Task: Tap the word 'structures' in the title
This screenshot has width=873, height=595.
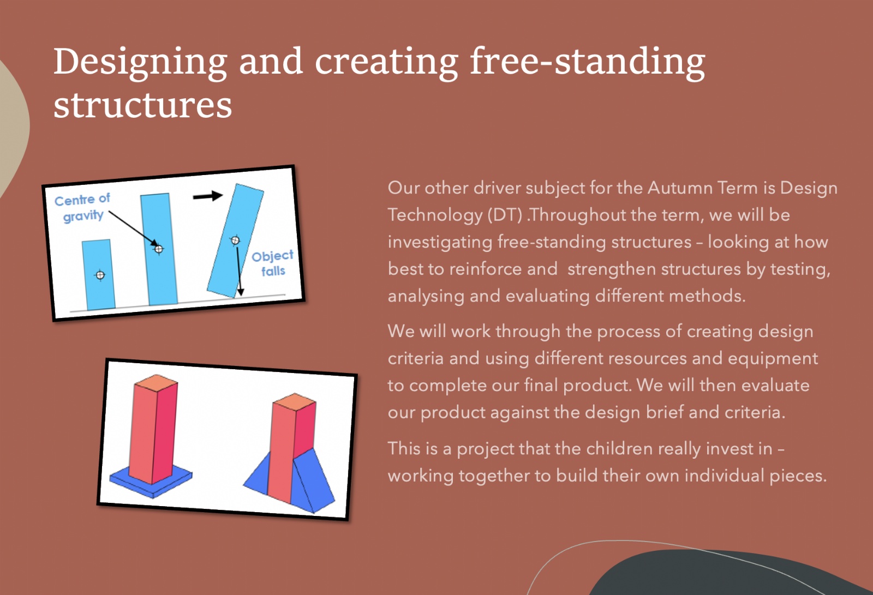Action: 142,105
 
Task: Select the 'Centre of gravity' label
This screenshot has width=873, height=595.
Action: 82,208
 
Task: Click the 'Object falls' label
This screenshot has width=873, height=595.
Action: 272,263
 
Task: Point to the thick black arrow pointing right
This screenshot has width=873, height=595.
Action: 208,196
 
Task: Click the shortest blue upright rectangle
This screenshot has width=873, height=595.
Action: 98,275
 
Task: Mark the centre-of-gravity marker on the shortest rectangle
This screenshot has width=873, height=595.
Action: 100,275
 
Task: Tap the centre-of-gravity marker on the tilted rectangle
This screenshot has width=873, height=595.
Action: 235,241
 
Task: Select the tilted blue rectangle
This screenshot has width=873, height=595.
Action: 235,241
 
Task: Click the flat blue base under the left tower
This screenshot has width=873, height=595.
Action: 151,481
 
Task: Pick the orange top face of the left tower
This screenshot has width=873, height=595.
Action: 156,383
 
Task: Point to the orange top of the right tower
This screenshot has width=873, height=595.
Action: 294,401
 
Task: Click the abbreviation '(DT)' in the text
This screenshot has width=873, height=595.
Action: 505,215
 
